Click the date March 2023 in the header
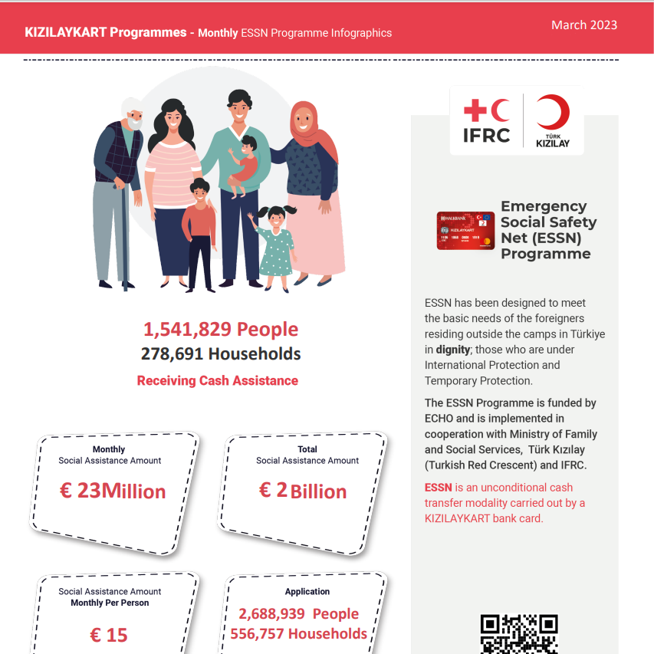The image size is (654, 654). tap(583, 25)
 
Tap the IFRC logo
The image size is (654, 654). tap(486, 122)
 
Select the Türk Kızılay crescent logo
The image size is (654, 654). tap(552, 121)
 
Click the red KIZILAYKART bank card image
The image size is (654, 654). tap(465, 231)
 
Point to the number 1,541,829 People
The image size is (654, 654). tap(220, 330)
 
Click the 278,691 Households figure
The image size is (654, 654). tap(220, 353)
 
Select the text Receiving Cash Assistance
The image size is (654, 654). tap(217, 380)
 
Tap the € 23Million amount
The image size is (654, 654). tap(113, 491)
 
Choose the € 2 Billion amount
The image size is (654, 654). tap(303, 491)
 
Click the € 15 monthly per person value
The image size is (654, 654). tap(109, 635)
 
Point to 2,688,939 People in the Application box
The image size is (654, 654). tap(298, 613)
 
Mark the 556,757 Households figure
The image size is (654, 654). tap(298, 634)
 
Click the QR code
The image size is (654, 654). tap(518, 634)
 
